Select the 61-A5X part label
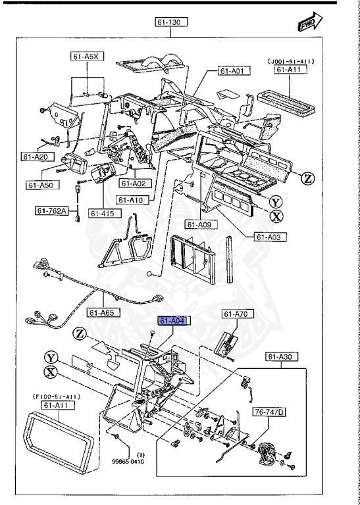[x=84, y=57]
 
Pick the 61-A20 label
[x=39, y=157]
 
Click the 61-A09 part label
[x=197, y=225]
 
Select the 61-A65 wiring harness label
[x=104, y=313]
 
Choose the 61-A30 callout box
[x=282, y=356]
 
